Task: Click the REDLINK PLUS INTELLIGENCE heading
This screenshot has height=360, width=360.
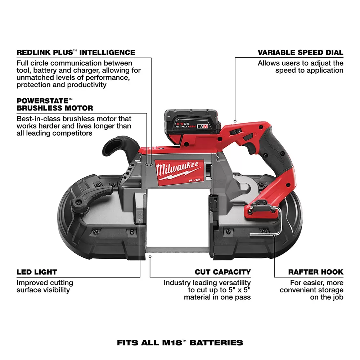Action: [x=76, y=52]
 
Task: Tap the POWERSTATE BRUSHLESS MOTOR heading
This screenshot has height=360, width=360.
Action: [x=55, y=104]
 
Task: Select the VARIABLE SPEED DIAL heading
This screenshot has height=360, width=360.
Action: [x=300, y=52]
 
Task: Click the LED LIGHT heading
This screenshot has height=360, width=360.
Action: [x=36, y=272]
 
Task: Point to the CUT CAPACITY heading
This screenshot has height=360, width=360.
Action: [x=223, y=272]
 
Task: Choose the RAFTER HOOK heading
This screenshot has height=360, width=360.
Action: [x=316, y=272]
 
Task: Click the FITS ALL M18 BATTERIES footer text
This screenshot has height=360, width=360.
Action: [x=180, y=343]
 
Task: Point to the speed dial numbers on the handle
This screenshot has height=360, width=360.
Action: [x=236, y=132]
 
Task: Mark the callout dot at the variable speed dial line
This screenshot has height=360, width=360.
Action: [x=235, y=121]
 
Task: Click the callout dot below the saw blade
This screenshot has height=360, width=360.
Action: [x=150, y=257]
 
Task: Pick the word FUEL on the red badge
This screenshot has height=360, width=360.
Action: [x=195, y=180]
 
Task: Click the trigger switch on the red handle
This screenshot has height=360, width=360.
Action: [x=248, y=138]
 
